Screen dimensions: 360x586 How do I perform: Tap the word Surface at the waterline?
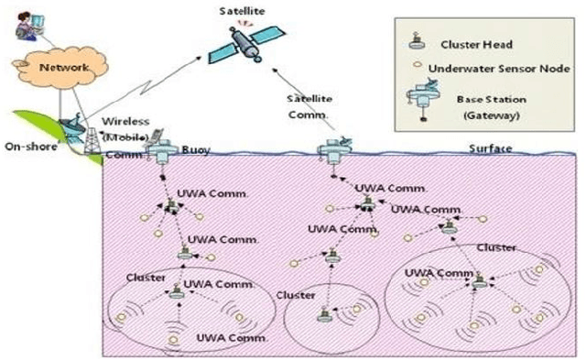(490, 148)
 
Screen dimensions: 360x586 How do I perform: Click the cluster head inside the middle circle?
(322, 314)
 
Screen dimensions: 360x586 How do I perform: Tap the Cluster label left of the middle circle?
(295, 295)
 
